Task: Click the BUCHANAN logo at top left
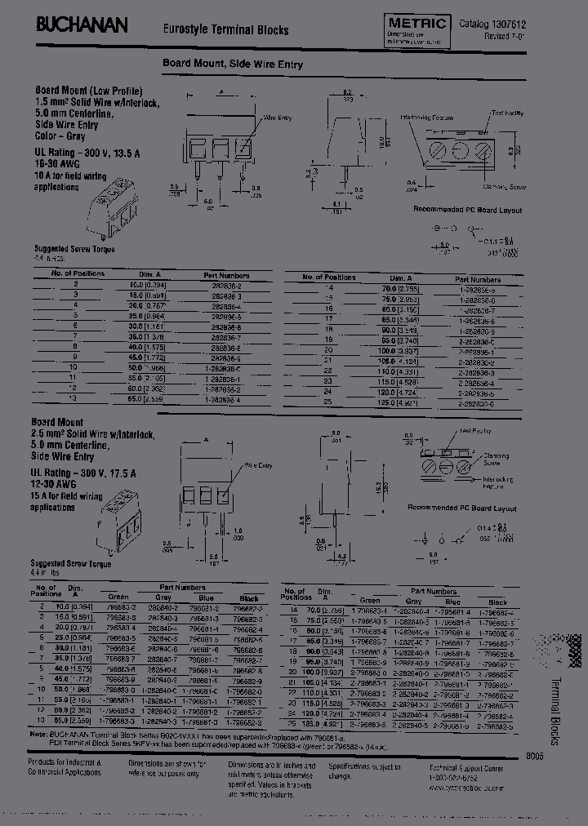82,26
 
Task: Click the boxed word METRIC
416,24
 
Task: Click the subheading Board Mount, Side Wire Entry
230,62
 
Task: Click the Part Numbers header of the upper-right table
478,278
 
